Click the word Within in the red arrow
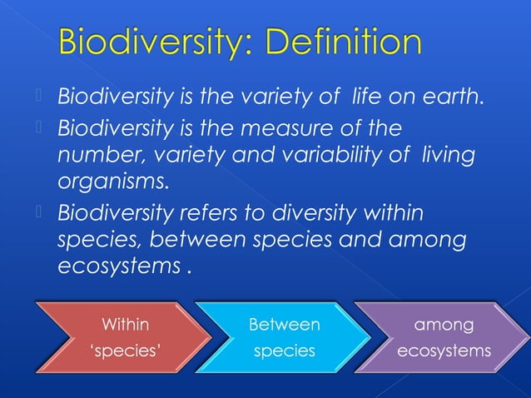[126, 323]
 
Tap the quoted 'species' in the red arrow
[126, 351]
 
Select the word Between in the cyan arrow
[284, 323]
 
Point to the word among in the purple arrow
[444, 323]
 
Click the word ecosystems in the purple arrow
[444, 351]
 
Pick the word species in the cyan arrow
[284, 351]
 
